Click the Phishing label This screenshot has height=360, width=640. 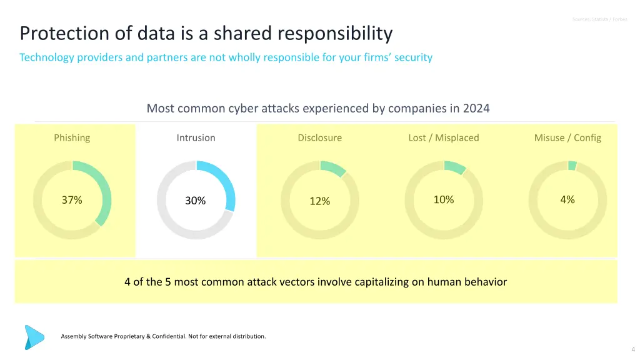coord(72,137)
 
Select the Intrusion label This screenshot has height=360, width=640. coord(196,137)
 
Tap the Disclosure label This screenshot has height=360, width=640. coord(319,137)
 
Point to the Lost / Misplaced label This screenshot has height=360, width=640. coord(443,137)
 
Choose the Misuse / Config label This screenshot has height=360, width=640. coord(567,137)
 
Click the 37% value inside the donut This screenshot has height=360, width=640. coord(72,200)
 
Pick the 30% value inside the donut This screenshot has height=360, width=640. coord(196,201)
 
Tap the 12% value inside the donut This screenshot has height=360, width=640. coord(319,201)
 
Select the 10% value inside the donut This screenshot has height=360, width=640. coord(443,199)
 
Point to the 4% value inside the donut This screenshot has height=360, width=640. coord(567,199)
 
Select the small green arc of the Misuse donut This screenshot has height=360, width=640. coord(572,166)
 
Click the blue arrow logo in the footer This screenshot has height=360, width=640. coord(34,336)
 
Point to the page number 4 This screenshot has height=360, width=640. coord(633,349)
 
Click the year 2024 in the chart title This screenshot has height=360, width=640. coord(476,108)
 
